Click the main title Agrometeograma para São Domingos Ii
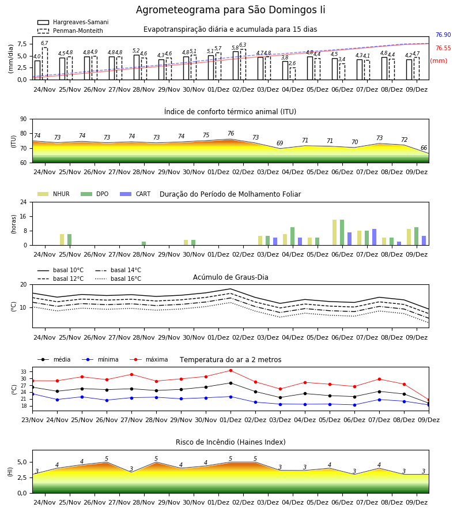231,10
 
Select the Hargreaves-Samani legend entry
73,22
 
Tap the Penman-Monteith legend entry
70,31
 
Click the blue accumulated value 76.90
443,35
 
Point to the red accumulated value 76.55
443,48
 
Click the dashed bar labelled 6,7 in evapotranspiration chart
44,63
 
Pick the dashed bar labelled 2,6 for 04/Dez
293,73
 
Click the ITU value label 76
231,133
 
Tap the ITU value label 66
424,148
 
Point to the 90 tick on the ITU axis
24,119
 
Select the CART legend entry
135,194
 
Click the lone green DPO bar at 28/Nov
144,243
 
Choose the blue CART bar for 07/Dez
375,237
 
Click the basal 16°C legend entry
118,279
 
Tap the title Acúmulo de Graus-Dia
231,277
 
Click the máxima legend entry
149,359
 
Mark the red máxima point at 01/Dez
231,370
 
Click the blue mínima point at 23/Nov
32,394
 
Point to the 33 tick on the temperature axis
24,372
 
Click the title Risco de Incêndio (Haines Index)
231,442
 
